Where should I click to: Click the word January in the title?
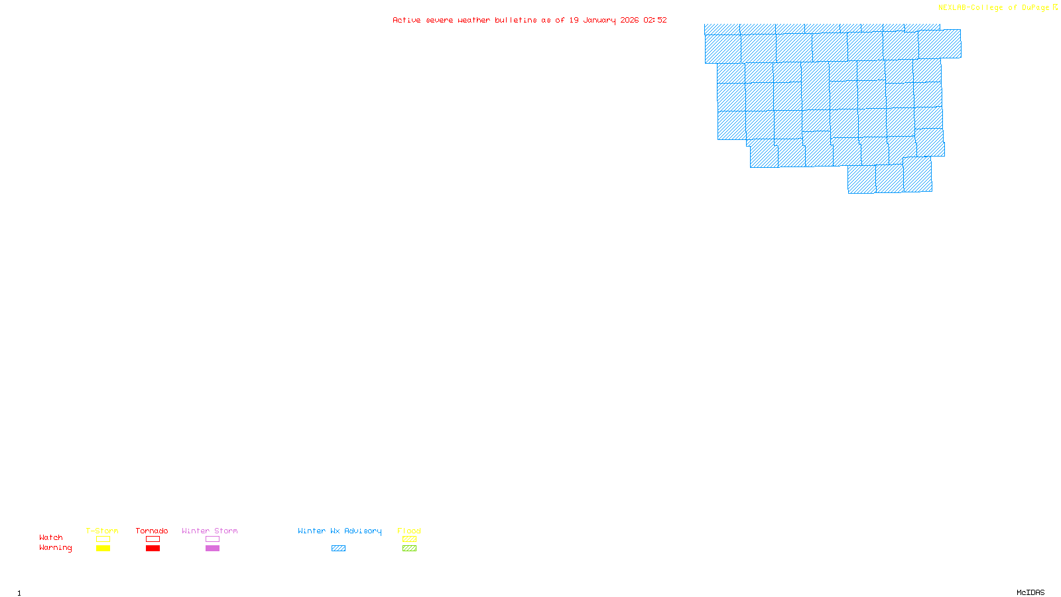click(599, 20)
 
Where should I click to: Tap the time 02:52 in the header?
click(655, 20)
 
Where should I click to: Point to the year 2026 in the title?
click(629, 20)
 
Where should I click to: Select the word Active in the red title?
click(406, 20)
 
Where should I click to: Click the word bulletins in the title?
click(515, 20)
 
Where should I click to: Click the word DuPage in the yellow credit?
click(1035, 8)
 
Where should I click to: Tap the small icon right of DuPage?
click(1055, 7)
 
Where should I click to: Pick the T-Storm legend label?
click(102, 531)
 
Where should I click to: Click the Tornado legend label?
click(152, 531)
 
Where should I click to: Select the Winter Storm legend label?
click(210, 531)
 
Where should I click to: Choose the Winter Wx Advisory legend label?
click(340, 531)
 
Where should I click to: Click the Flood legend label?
click(409, 531)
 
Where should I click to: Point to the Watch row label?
click(51, 537)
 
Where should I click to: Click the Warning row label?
click(55, 548)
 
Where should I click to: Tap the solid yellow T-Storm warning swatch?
click(103, 549)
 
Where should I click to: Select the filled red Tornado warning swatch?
click(153, 549)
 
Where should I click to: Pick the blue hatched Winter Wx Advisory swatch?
click(338, 549)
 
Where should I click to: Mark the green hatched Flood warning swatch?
click(410, 549)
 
